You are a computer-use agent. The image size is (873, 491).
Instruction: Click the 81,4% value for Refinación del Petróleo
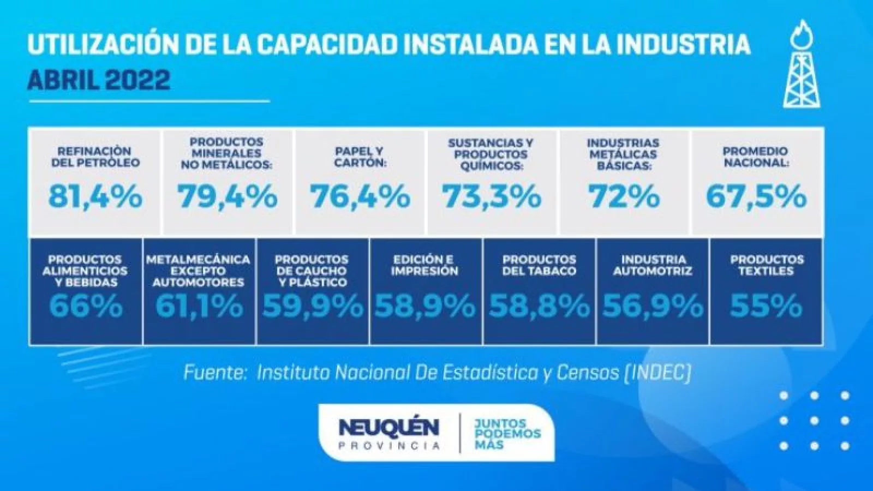(95, 196)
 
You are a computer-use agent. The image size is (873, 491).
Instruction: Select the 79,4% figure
(227, 196)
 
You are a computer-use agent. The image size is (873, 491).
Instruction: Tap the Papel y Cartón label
(360, 157)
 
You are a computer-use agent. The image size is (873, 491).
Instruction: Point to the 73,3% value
(492, 196)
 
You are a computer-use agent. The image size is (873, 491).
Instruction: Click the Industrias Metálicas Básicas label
(623, 154)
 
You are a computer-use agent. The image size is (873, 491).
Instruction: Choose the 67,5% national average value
(756, 196)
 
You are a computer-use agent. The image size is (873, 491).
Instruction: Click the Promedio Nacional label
(756, 157)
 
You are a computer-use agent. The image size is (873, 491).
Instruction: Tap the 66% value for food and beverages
(86, 306)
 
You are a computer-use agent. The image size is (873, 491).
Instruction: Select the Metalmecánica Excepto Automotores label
(198, 271)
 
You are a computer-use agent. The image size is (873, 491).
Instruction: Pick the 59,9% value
(313, 306)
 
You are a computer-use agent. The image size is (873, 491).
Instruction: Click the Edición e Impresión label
(424, 265)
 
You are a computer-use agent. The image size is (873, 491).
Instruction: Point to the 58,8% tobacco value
(539, 306)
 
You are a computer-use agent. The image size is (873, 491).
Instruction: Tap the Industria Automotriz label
(653, 265)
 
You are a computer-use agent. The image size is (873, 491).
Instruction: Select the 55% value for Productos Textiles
(767, 306)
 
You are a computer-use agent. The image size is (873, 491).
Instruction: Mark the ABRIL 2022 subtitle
(99, 81)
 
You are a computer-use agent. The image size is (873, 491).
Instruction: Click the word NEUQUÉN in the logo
(388, 427)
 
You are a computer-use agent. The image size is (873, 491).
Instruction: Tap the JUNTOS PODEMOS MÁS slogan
(507, 434)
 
